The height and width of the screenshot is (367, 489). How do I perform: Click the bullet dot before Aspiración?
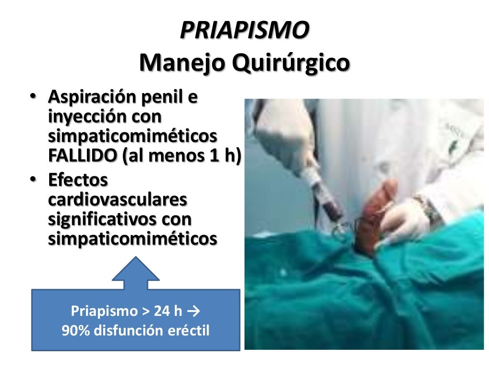pos(33,97)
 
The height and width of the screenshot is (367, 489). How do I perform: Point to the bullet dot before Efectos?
pos(33,181)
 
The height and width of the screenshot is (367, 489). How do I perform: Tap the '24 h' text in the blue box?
pos(168,312)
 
